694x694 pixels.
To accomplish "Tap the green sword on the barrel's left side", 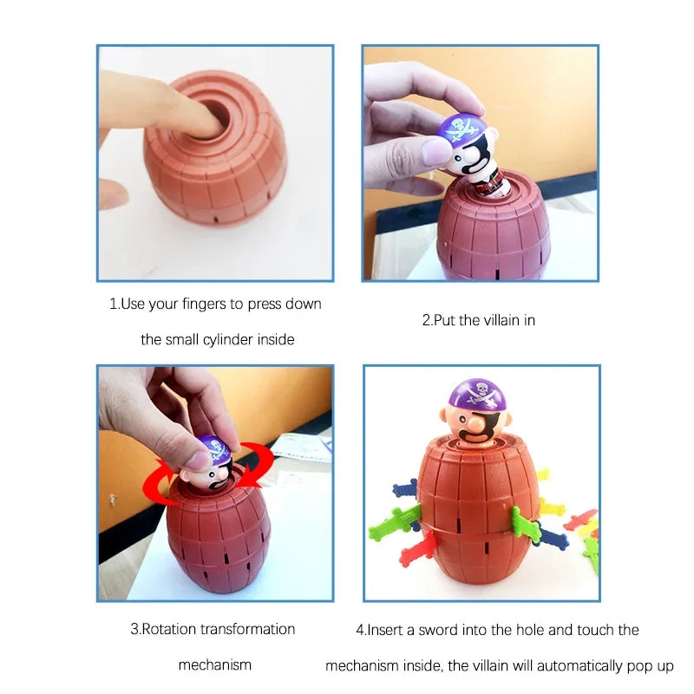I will click(395, 524).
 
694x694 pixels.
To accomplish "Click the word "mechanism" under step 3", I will click(215, 665).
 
